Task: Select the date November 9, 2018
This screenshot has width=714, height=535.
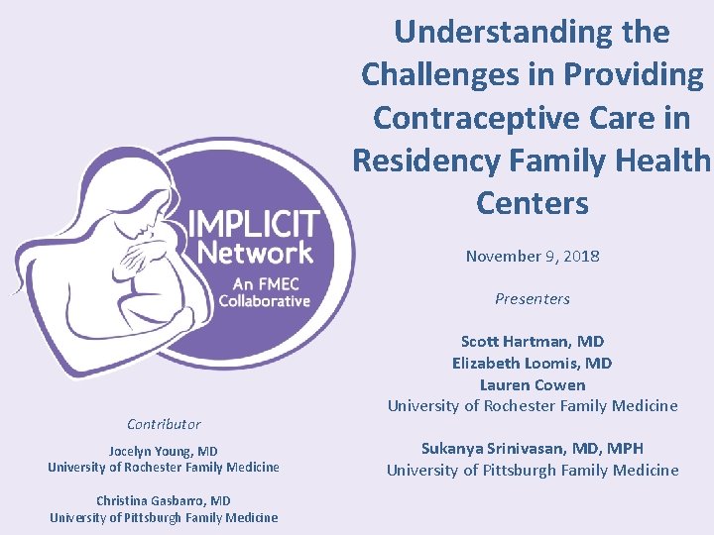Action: click(533, 256)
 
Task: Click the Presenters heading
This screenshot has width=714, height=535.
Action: click(533, 298)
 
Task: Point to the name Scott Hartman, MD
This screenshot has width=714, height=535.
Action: click(533, 341)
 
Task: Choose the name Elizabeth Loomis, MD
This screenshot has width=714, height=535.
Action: click(533, 363)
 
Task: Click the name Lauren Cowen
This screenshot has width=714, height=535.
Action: click(533, 384)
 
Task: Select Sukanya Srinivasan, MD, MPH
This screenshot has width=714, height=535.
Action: click(533, 448)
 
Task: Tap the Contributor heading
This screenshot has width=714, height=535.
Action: click(164, 424)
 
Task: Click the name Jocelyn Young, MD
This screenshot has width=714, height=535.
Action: click(164, 451)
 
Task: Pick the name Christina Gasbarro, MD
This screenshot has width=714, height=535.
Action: click(164, 500)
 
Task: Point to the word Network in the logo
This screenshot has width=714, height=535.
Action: click(255, 252)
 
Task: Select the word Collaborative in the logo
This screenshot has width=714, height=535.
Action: click(265, 300)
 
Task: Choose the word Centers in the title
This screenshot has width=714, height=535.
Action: click(533, 203)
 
